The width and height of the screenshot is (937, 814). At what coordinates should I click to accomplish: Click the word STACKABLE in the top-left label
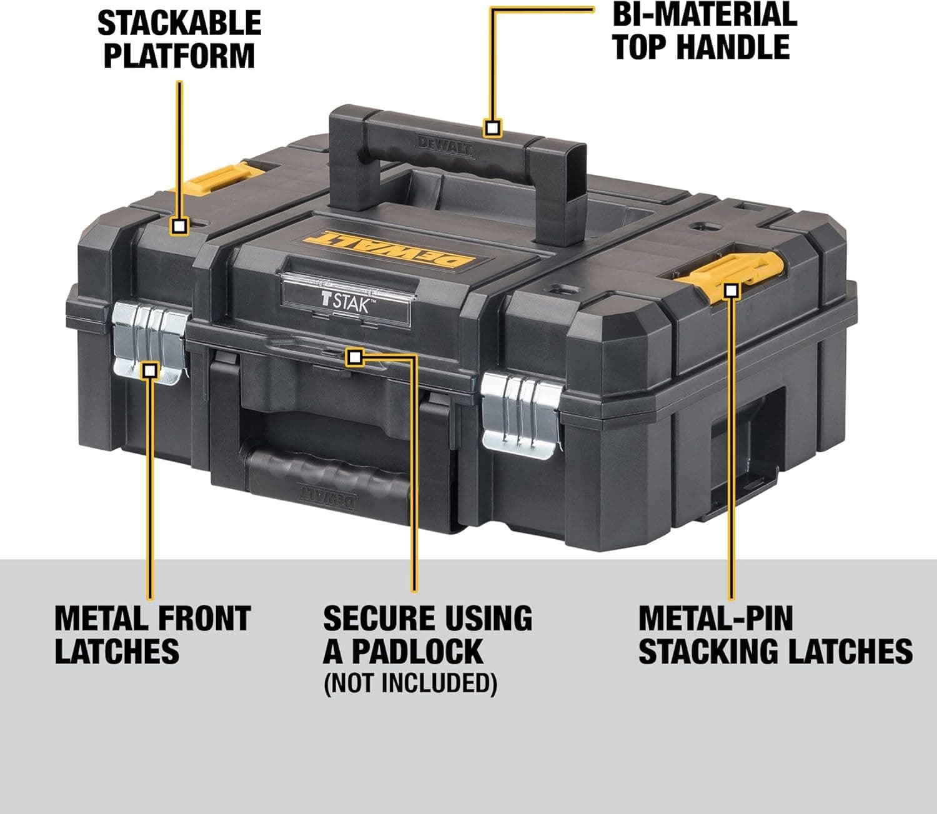click(179, 23)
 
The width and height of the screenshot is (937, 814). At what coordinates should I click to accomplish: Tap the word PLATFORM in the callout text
click(179, 56)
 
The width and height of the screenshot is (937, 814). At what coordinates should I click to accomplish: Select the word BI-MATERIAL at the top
click(704, 14)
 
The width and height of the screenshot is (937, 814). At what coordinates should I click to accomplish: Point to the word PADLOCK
click(417, 651)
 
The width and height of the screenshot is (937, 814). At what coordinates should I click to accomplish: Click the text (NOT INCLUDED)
click(410, 683)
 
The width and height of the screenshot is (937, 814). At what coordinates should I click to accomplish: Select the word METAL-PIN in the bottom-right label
click(715, 618)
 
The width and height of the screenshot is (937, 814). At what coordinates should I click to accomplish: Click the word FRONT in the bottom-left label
click(203, 618)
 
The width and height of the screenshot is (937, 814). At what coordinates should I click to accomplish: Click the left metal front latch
click(149, 342)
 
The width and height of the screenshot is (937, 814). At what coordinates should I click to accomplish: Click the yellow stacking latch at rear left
click(216, 177)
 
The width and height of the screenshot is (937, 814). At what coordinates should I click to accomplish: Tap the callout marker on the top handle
click(493, 129)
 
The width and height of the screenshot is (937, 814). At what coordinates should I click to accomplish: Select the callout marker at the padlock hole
click(354, 357)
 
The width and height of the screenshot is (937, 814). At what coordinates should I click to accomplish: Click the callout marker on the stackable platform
click(180, 226)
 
